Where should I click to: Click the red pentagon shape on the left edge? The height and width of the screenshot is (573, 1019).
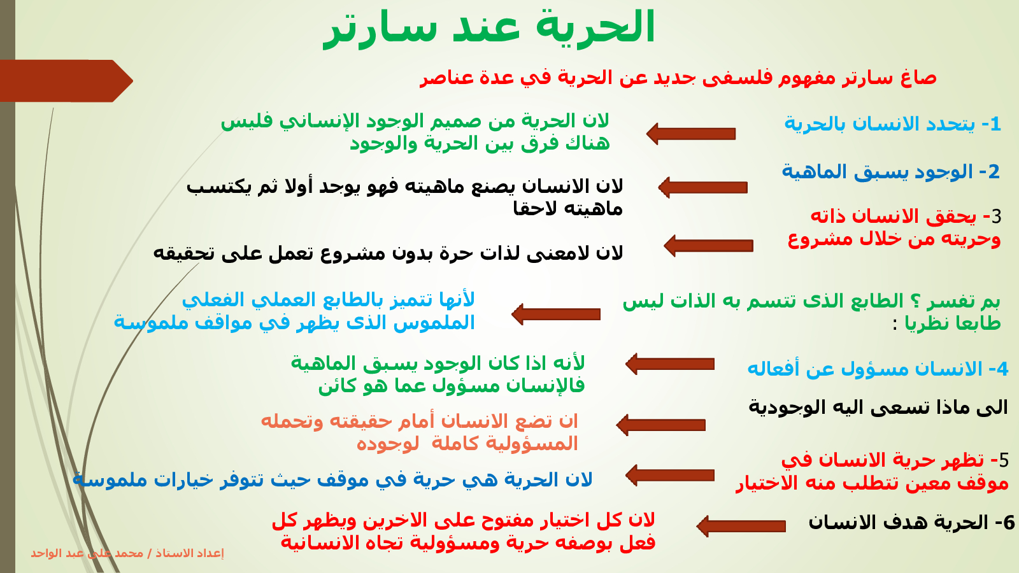[x=66, y=81]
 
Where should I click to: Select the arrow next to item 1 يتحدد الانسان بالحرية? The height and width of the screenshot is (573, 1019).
[x=690, y=134]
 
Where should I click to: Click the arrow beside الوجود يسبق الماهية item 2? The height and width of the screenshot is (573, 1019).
[x=702, y=187]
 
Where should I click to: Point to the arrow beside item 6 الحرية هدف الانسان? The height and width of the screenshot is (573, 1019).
[x=741, y=526]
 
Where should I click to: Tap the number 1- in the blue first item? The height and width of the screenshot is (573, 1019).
[x=991, y=124]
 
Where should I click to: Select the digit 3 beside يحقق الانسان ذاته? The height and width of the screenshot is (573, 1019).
[x=996, y=217]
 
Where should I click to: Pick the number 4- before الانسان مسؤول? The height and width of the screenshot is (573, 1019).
[x=999, y=369]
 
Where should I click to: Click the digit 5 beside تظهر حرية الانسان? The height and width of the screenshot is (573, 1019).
[x=1004, y=461]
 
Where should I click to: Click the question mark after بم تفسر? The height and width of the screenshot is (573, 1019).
[x=913, y=301]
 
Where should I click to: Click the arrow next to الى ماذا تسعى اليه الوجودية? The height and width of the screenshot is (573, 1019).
[x=660, y=425]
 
